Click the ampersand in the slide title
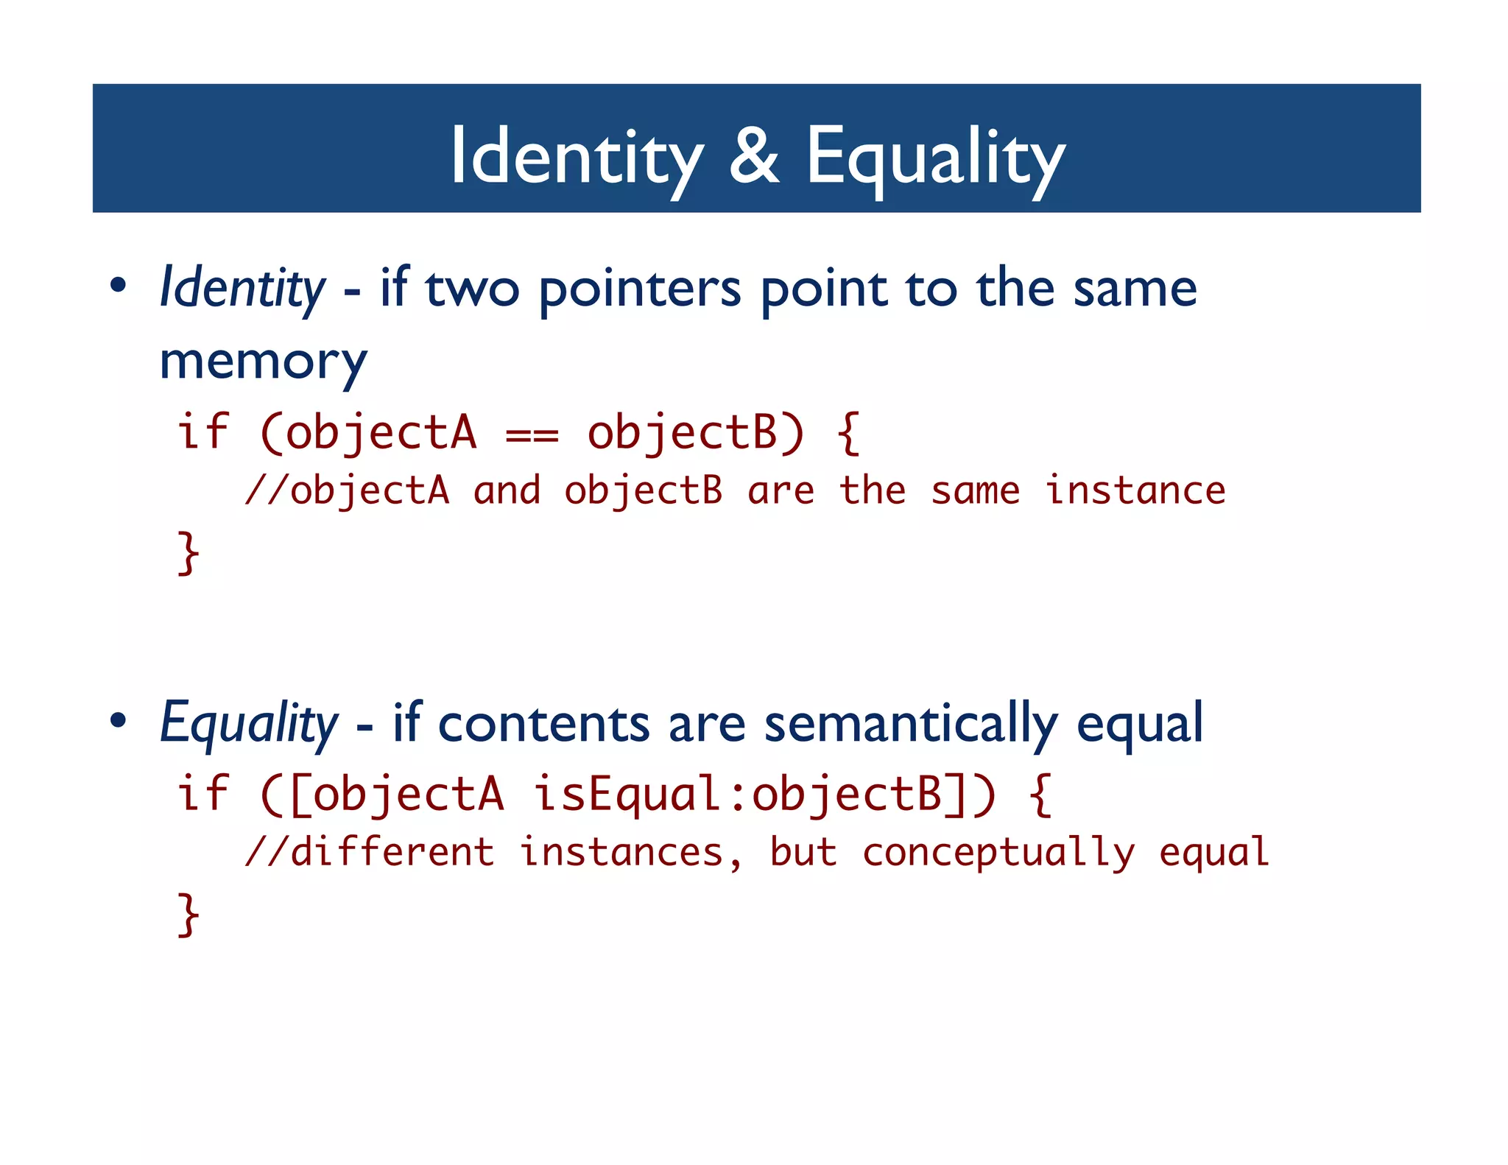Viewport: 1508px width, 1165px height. [754, 156]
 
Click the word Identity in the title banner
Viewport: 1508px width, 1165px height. [577, 156]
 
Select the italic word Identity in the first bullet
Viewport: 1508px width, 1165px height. [242, 288]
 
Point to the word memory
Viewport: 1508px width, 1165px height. [263, 362]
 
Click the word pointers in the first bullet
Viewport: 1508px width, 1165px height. [640, 289]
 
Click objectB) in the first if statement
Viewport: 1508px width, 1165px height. [695, 432]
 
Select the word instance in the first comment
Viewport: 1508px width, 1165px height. [1135, 490]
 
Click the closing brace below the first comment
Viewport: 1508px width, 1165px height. [188, 552]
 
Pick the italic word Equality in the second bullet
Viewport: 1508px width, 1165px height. [249, 723]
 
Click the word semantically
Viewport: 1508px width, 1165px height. [911, 723]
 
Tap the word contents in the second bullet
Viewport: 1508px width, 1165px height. [543, 723]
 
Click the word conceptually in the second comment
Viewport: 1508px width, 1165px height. [998, 853]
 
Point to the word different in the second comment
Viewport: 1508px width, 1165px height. [392, 852]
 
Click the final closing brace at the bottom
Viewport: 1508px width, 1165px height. [188, 914]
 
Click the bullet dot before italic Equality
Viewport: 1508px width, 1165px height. [119, 721]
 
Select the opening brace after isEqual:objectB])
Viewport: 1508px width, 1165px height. [1040, 794]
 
